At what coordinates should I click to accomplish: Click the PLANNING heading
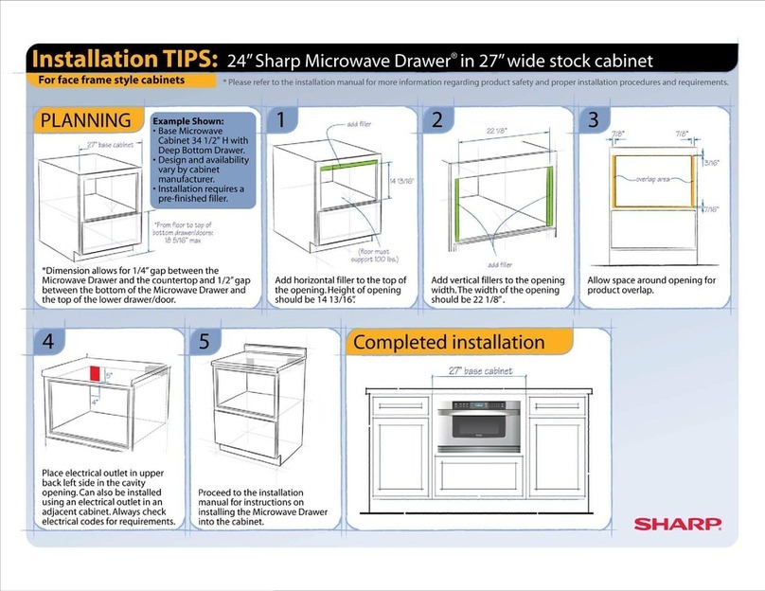pos(85,121)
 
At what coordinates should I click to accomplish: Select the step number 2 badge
pos(436,120)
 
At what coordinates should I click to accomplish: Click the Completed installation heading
pos(450,342)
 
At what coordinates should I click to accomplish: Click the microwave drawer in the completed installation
pos(483,420)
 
